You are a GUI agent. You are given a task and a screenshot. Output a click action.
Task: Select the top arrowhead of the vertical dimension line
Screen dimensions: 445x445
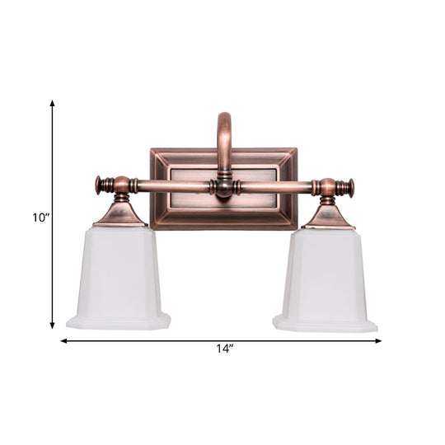point(53,105)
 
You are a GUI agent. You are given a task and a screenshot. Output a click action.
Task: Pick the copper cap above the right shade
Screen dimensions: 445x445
point(327,217)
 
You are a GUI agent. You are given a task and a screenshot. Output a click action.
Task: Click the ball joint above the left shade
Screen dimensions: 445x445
point(121,185)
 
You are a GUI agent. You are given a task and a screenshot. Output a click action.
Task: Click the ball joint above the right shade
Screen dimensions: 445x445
point(327,188)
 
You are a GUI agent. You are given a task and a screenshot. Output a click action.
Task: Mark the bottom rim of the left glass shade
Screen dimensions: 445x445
point(119,322)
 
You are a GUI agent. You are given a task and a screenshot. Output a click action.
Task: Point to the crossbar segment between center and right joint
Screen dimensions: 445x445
point(276,187)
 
